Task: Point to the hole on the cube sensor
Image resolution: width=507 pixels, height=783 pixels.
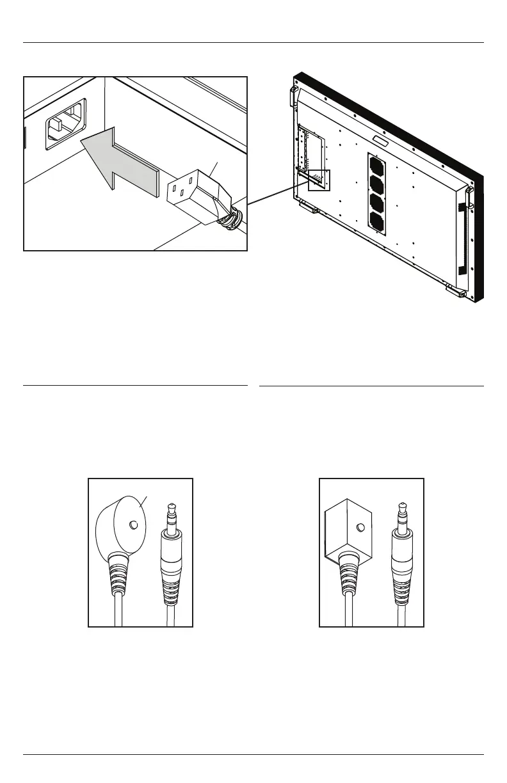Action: [361, 528]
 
